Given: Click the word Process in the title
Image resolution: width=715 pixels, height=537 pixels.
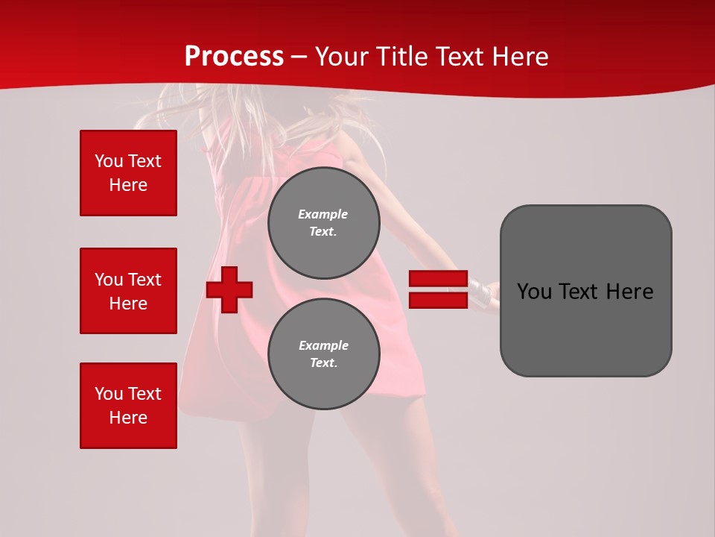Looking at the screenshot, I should point(234,57).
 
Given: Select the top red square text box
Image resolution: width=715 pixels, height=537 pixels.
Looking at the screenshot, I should point(128,173).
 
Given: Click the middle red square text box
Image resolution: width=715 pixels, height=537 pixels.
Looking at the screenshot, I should point(128,291).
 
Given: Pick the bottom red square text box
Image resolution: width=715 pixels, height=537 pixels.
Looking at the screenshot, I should point(128,406).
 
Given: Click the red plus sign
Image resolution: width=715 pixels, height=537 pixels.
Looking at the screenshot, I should point(229,289).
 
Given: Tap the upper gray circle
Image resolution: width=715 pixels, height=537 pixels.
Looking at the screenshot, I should point(323,222).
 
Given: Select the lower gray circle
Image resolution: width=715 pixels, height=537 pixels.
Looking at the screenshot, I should point(323,354).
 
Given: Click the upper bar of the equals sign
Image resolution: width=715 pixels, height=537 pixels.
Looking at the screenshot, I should point(438,279).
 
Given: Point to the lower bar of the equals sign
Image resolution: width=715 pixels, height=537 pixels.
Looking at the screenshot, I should point(438,300).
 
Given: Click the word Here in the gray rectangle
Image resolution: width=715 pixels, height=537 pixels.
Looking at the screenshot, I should point(629,292).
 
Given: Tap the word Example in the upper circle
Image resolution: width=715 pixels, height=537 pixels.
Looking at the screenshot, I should point(322,214).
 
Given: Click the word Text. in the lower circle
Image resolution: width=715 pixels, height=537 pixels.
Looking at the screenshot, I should point(323,363).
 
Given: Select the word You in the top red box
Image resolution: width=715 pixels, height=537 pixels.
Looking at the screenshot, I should point(109,161).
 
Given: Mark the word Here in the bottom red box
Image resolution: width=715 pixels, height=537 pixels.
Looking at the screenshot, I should point(128,418).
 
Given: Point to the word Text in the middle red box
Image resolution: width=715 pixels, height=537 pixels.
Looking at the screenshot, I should point(144,280).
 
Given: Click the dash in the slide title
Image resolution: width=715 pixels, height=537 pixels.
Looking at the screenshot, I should point(299,57).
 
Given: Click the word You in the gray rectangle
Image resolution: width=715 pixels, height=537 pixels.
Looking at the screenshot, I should point(534,292).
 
